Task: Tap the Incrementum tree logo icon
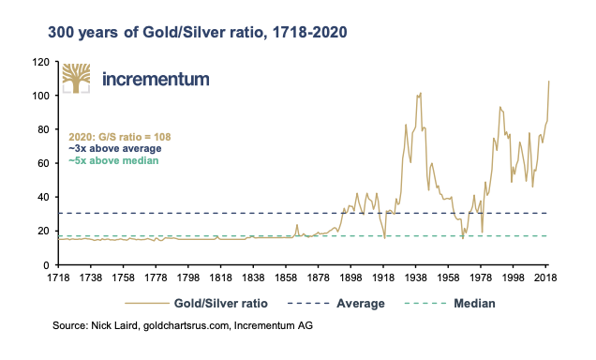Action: coord(77,79)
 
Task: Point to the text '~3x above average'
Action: coord(116,148)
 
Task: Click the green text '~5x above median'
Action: coord(113,160)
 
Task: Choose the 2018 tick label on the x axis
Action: coord(547,279)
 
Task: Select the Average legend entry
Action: coord(361,303)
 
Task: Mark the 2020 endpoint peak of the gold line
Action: coord(549,82)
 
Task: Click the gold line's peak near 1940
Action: coord(421,93)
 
